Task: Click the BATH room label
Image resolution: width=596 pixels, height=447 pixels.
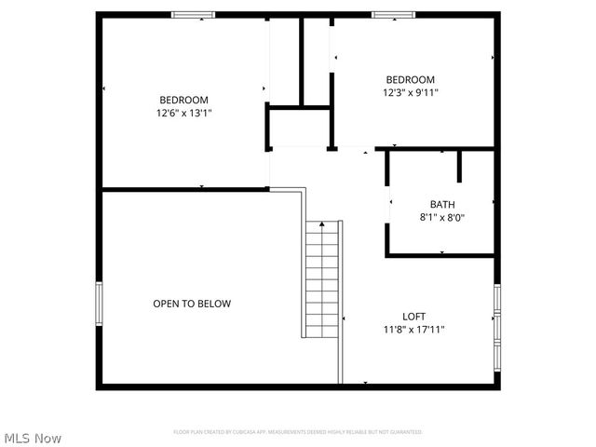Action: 442,205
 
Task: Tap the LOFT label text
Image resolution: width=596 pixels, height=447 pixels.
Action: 414,317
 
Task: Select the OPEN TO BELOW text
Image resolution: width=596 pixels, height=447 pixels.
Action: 192,304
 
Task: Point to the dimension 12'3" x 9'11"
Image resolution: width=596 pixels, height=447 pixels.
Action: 411,92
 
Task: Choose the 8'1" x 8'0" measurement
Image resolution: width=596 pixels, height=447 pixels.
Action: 442,217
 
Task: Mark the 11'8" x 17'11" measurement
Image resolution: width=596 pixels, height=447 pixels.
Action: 414,329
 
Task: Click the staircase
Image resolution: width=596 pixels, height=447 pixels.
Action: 322,279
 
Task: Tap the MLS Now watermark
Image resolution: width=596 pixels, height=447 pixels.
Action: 33,437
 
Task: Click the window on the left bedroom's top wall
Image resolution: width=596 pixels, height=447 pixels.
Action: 194,15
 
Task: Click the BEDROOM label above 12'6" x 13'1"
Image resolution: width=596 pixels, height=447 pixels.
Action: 183,101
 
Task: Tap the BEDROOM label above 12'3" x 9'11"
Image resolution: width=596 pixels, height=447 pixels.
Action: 411,80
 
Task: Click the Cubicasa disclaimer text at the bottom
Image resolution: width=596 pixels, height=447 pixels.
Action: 298,432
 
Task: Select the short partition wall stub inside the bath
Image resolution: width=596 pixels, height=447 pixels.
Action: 460,166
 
